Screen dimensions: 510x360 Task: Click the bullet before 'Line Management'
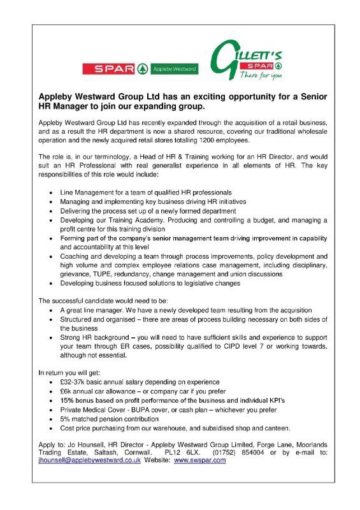click(51, 192)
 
